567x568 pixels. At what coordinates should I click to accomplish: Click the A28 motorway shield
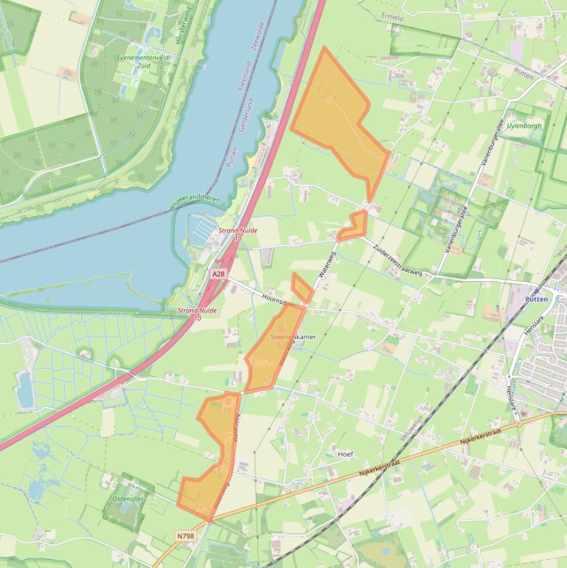[x=218, y=274]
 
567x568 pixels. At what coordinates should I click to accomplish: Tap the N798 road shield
[x=186, y=536]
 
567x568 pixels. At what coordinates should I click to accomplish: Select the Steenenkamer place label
[x=293, y=337]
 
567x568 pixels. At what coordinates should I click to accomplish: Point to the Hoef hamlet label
[x=345, y=454]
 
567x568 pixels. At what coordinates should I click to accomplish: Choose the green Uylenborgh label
[x=524, y=125]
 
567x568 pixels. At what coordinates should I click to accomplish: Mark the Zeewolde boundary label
[x=270, y=35]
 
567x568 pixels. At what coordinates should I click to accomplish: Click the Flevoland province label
[x=244, y=75]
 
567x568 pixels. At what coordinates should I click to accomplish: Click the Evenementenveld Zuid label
[x=143, y=61]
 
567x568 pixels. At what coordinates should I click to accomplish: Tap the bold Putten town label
[x=536, y=299]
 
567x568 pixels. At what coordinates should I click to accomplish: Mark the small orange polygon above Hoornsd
[x=300, y=287]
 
